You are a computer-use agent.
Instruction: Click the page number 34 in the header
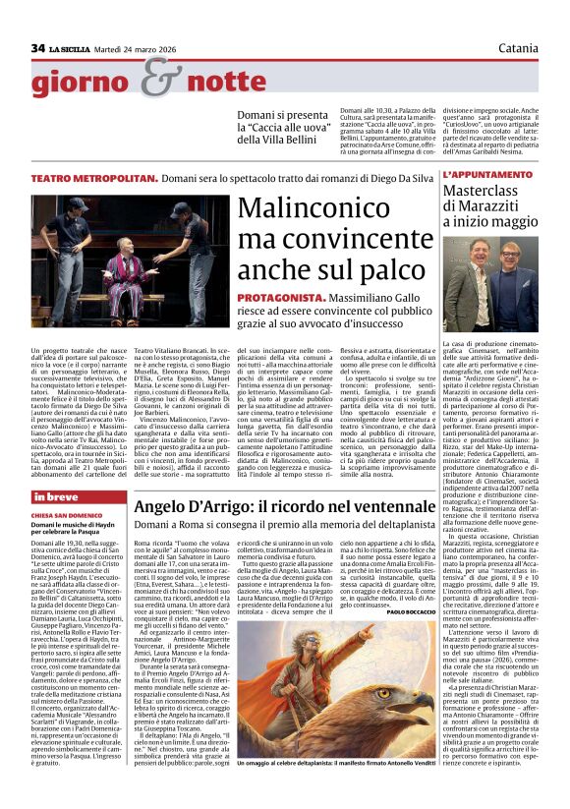[x=38, y=48]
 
